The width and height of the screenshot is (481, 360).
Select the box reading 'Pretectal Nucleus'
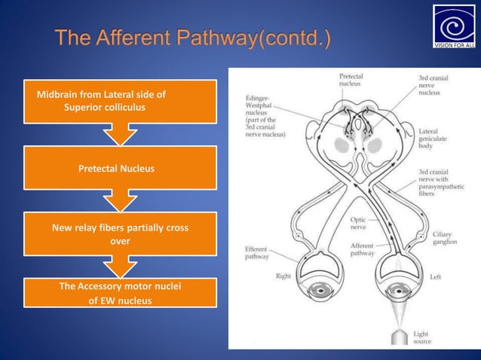click(120, 168)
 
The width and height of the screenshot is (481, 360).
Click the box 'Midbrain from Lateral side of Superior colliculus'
click(120, 101)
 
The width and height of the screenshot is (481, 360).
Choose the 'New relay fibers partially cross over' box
click(120, 234)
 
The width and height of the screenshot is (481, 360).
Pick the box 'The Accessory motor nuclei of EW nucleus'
click(120, 293)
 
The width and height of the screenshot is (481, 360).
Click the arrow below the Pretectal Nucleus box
click(120, 201)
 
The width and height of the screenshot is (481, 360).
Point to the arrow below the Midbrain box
click(120, 135)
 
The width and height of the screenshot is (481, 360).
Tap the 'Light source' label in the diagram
click(421, 337)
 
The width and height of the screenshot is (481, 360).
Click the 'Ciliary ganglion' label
click(443, 237)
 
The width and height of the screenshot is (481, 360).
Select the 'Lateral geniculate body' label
click(430, 140)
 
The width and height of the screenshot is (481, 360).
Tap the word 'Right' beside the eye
click(283, 276)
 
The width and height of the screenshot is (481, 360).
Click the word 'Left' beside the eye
click(435, 276)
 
